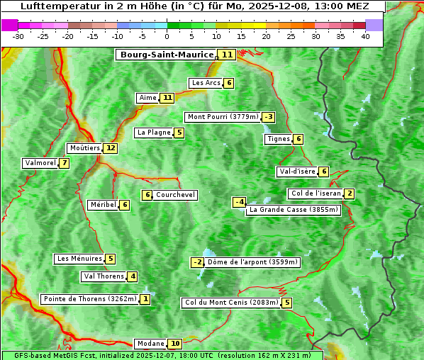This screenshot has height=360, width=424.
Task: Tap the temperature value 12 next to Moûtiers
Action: [110, 148]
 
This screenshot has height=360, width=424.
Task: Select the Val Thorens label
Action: [104, 276]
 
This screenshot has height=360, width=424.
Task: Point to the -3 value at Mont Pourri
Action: [268, 117]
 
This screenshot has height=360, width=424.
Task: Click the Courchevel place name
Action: [175, 195]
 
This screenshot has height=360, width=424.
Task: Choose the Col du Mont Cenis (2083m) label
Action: [231, 303]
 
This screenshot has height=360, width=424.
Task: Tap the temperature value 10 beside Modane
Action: [175, 344]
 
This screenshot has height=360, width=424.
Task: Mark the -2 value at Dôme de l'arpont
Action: [197, 262]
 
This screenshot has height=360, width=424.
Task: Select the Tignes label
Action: [278, 139]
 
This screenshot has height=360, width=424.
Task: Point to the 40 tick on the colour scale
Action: [365, 36]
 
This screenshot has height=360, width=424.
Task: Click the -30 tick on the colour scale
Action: [18, 36]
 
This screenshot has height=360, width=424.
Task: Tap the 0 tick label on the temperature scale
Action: [167, 36]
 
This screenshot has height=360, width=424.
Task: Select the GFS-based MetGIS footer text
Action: [162, 355]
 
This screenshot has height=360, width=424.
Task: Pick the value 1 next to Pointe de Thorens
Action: [145, 299]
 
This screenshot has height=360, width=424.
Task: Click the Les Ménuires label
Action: [79, 259]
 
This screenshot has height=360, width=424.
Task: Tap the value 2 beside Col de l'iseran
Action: [350, 193]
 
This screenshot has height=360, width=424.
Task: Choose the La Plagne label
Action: [153, 133]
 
